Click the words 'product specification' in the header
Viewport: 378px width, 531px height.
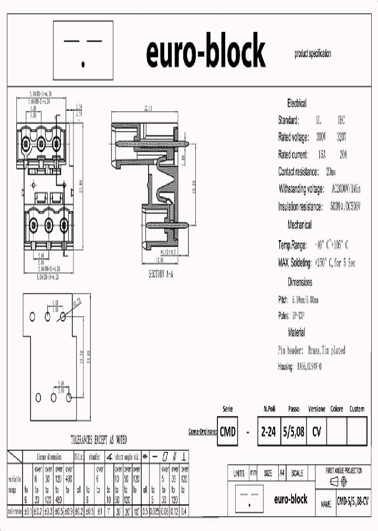pyautogui.click(x=313, y=54)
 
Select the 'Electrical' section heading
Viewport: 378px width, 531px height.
pyautogui.click(x=297, y=103)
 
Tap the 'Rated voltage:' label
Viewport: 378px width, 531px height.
pyautogui.click(x=293, y=137)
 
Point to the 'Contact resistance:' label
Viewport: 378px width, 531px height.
pyautogui.click(x=299, y=172)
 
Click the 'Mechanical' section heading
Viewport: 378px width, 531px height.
pyautogui.click(x=299, y=225)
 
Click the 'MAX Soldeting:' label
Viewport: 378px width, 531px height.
pyautogui.click(x=295, y=262)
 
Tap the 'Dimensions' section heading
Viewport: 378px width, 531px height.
pyautogui.click(x=300, y=282)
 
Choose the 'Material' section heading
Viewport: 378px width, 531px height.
pyautogui.click(x=296, y=332)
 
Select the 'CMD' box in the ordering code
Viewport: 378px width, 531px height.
pyautogui.click(x=227, y=432)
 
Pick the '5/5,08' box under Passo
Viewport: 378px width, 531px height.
pyautogui.click(x=293, y=432)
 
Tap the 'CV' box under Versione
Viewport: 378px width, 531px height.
pyautogui.click(x=317, y=432)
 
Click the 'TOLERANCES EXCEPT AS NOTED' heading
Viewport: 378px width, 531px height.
pyautogui.click(x=99, y=440)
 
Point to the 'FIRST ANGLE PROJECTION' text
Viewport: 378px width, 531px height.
pyautogui.click(x=344, y=471)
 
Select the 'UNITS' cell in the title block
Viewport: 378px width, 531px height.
pyautogui.click(x=239, y=473)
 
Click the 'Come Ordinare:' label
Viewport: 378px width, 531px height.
pyautogui.click(x=202, y=431)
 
